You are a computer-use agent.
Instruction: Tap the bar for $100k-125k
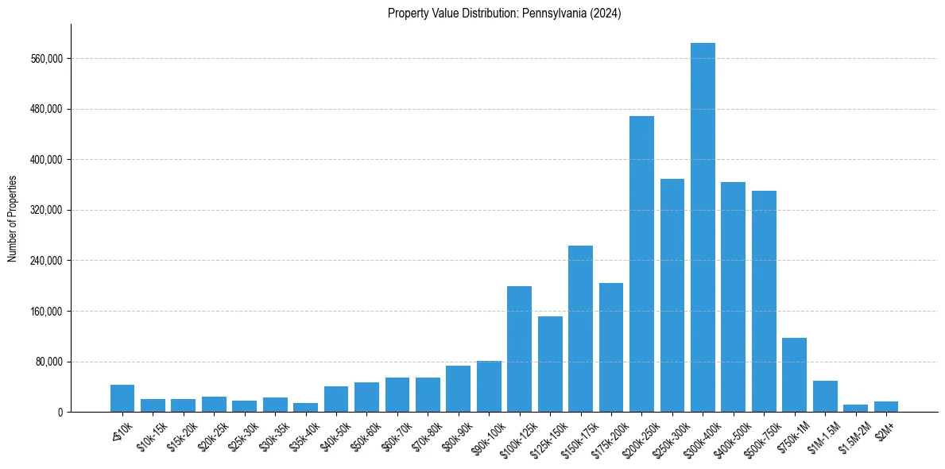click(519, 349)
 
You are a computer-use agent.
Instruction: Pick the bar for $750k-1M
click(794, 375)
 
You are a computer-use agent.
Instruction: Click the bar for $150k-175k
click(580, 329)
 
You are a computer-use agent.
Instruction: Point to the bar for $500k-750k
click(764, 301)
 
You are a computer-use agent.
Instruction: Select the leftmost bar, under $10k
click(122, 398)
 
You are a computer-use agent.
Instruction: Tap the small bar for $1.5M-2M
click(855, 408)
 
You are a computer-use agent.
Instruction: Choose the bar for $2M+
click(886, 406)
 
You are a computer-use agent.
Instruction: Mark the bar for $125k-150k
click(550, 364)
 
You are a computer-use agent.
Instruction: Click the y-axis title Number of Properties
click(13, 218)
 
